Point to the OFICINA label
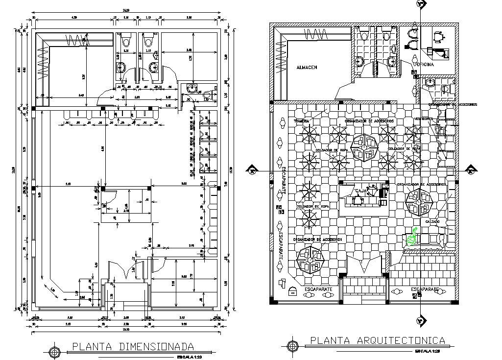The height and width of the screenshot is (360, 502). [x=425, y=65]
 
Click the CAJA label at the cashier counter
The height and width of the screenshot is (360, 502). [x=360, y=191]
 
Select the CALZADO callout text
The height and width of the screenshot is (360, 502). [x=432, y=222]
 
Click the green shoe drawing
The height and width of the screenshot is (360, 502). [x=412, y=237]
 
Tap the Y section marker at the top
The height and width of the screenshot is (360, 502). [x=419, y=4]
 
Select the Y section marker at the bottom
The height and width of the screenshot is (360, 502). [x=419, y=321]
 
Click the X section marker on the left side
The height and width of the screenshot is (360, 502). [x=252, y=171]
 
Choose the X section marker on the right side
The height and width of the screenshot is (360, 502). [x=471, y=171]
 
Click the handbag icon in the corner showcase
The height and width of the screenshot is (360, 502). [x=293, y=291]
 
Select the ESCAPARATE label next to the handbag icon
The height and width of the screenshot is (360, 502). [x=318, y=289]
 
